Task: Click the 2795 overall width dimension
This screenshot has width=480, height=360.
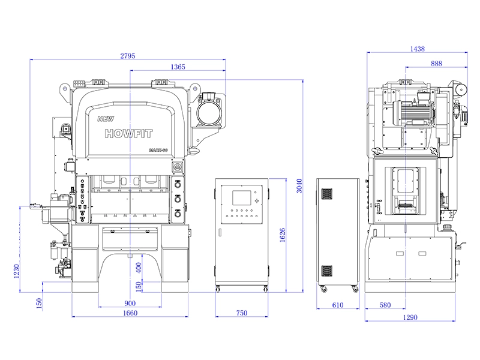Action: [128, 56]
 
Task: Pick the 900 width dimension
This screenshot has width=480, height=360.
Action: [130, 302]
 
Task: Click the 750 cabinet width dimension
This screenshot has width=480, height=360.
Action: [241, 313]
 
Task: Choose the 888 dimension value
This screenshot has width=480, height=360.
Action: [436, 63]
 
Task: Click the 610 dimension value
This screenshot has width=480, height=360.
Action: [337, 305]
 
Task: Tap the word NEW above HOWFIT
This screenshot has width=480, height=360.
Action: [105, 119]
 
